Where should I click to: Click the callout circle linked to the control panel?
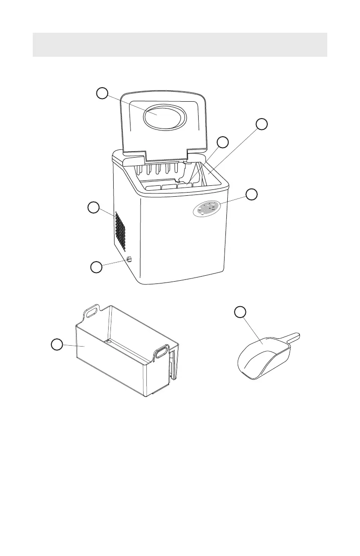click(252, 194)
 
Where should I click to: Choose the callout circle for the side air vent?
click(93, 208)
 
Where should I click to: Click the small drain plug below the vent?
click(128, 260)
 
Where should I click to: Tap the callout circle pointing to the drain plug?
click(96, 267)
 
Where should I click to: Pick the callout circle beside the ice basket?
click(56, 345)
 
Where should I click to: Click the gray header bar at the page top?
click(180, 45)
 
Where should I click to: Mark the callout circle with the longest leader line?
click(261, 124)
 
